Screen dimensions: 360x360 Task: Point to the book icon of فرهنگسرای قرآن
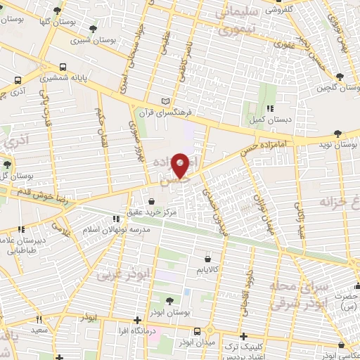pos(165,101)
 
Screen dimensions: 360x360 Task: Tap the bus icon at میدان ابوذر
pos(198,332)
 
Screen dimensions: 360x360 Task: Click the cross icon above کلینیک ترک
pos(244,336)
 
